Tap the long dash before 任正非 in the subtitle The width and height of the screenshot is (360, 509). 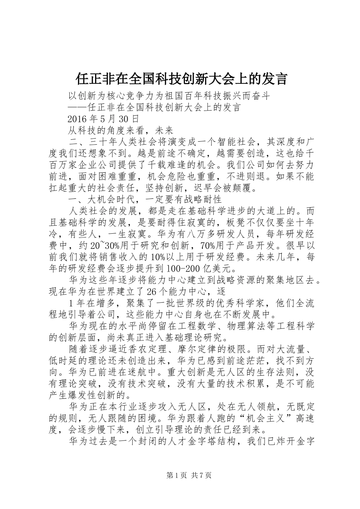coord(77,108)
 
